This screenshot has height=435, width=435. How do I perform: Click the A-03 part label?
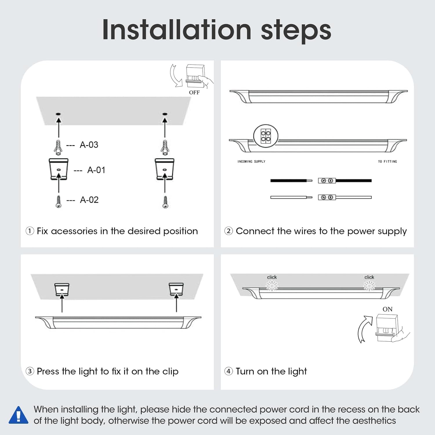89,145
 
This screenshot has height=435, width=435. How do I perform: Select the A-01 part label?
96,170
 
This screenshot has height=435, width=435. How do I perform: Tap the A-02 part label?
89,200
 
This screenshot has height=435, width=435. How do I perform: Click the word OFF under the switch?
194,93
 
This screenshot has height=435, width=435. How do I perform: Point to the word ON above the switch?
387,309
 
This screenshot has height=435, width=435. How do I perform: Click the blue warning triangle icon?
19,416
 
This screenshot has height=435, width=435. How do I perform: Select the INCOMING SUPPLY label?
251,162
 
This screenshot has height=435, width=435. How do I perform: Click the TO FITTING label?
387,162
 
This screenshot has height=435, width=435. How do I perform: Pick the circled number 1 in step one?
30,231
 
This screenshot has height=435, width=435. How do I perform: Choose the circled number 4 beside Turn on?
229,371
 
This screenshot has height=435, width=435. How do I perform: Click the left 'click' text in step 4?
272,277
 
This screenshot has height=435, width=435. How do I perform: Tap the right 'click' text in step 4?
369,277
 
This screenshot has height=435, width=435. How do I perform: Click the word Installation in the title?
177,30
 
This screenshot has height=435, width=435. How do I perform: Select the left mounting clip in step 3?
62,290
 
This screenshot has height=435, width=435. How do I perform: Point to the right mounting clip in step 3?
176,290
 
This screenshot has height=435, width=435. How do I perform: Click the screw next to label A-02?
59,202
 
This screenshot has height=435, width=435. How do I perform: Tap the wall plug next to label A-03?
58,147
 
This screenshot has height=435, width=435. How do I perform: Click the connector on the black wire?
327,181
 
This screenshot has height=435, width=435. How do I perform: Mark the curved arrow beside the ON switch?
364,329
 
